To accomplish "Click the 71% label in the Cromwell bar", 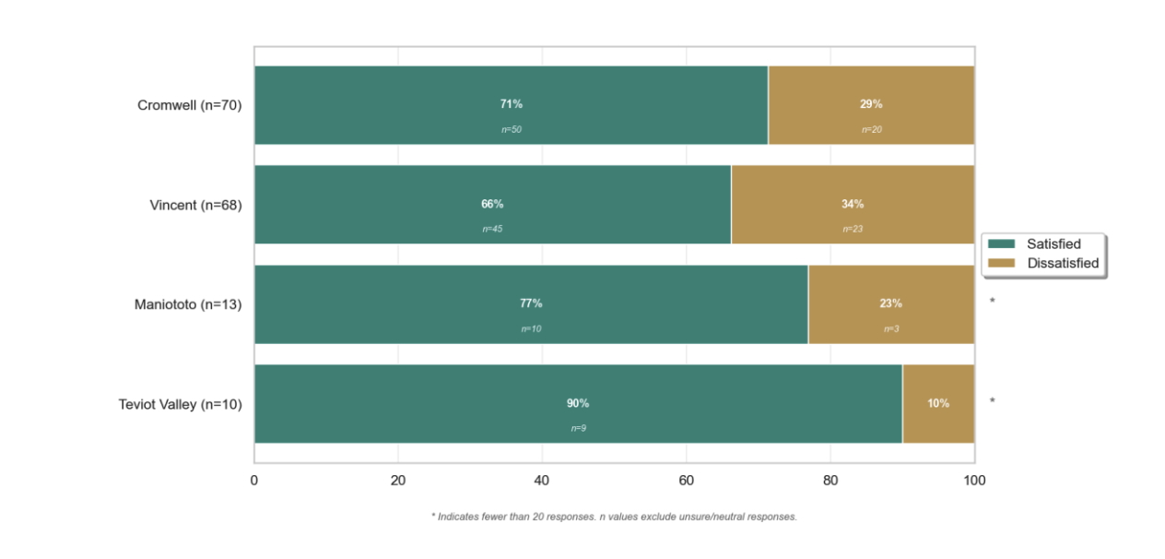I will [512, 104].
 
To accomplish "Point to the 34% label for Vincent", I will [853, 204].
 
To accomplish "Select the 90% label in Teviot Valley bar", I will [578, 403].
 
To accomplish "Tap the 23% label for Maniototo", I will [891, 303].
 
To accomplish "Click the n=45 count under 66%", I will [492, 229].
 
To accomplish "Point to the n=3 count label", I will [891, 328].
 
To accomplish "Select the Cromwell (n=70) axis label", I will [189, 105].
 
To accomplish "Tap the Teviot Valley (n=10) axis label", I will [180, 404].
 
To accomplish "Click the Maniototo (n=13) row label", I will [187, 304].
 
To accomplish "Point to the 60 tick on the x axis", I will [686, 480].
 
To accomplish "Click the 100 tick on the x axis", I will [974, 480].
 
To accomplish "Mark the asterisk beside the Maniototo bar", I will [993, 301].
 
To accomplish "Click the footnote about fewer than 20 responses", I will [614, 517].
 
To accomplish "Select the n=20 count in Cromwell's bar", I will [871, 129].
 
